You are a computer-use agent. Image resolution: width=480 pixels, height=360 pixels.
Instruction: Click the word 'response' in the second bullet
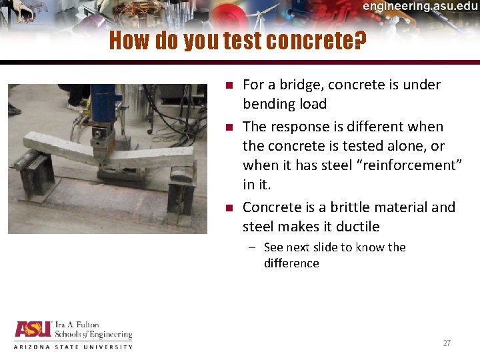click(297, 127)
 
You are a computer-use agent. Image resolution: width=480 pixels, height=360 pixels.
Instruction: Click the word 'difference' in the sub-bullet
click(291, 263)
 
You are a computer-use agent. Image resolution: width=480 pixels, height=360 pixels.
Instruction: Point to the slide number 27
click(447, 343)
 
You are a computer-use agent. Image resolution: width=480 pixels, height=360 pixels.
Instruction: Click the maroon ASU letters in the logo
click(31, 330)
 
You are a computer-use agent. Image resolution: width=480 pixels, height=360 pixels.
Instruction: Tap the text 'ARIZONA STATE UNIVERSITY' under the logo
click(73, 347)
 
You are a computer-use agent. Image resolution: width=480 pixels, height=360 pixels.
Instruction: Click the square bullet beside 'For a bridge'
click(228, 85)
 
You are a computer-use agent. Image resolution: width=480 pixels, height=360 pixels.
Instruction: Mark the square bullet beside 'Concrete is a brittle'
click(228, 208)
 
